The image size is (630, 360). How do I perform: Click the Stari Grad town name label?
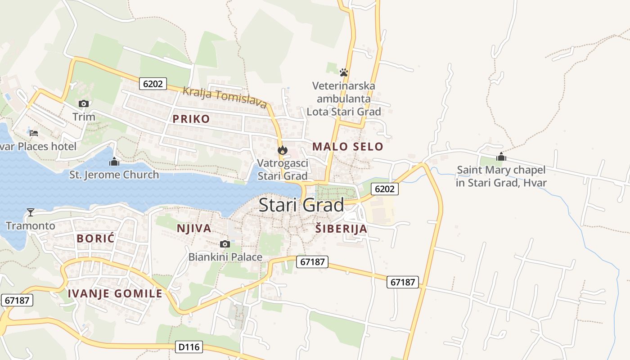coord(301,205)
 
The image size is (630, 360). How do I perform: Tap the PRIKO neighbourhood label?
coord(191,119)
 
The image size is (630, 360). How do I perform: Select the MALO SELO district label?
coord(347,146)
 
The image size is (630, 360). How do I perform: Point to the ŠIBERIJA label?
coord(341,229)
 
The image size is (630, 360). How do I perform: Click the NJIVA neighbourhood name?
coord(194,228)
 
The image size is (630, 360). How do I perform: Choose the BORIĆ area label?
coord(95,238)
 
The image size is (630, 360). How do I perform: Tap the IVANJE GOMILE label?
coord(115,293)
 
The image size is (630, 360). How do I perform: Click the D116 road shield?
coord(189,347)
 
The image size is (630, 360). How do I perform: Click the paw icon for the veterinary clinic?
coord(344,72)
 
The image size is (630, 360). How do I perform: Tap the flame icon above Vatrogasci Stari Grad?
coord(282,150)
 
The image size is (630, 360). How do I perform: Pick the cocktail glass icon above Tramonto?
coord(31,212)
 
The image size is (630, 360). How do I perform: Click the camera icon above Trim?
coord(83,104)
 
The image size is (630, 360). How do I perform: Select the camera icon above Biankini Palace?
coord(225,244)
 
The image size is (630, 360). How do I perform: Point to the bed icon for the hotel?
coord(34,133)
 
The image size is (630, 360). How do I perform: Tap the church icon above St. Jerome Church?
coord(114,161)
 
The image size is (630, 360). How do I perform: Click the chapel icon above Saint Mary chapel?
coord(501,157)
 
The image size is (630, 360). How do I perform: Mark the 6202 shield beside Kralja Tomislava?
coord(153,83)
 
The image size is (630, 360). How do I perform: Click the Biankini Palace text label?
coord(225,257)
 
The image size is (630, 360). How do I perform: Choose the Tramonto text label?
coord(31,225)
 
